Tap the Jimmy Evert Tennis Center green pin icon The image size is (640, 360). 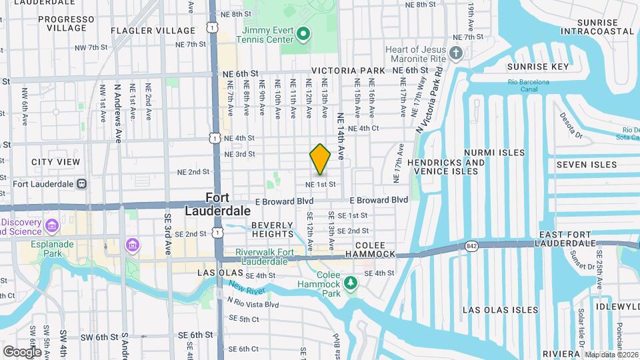(303, 33)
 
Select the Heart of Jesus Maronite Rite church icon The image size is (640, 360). (456, 53)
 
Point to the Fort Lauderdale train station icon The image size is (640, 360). (81, 183)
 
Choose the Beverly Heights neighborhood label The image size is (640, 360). (273, 229)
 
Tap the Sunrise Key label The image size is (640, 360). (547, 67)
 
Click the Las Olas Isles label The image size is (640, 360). (500, 310)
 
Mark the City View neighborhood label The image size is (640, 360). (55, 162)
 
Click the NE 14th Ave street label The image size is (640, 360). (340, 135)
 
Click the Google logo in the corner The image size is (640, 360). (22, 351)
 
